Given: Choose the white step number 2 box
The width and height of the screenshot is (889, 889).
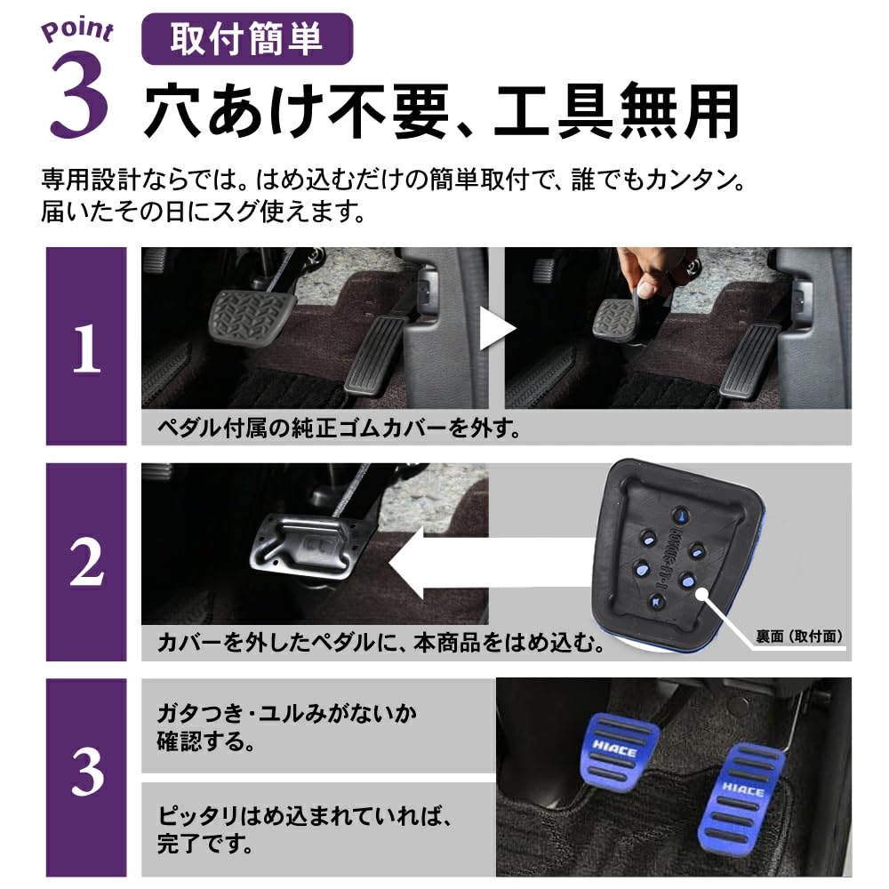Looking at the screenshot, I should [x=86, y=562].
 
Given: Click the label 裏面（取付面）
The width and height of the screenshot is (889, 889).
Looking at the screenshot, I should [x=798, y=637].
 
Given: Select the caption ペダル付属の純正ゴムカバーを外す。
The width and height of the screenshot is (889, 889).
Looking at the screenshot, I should [x=338, y=428].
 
